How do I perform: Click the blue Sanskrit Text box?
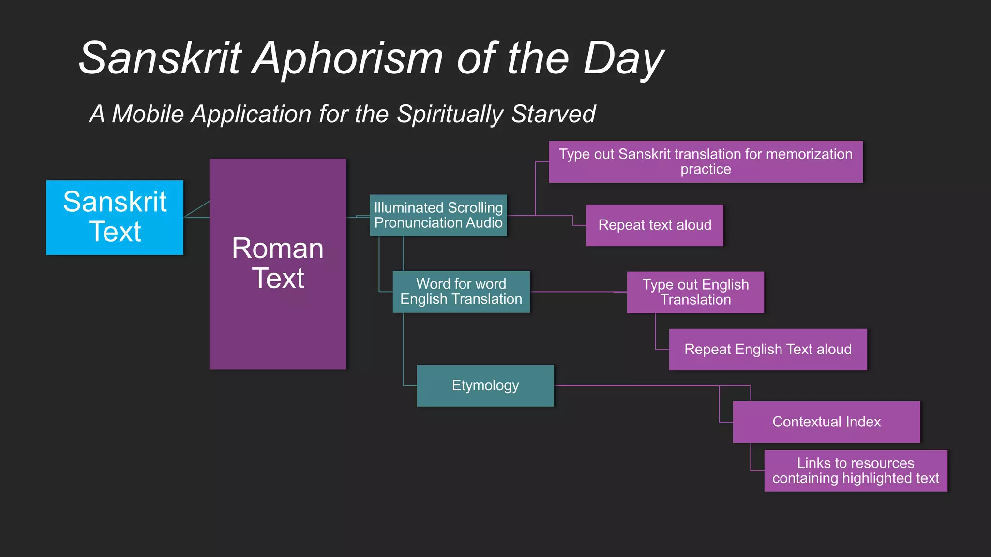pos(115,217)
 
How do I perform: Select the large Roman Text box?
pos(278,264)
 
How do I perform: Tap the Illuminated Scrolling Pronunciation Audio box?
pos(438,215)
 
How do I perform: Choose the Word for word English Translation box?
pos(461,292)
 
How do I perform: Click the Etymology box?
pos(485,385)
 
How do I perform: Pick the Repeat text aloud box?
pos(655,225)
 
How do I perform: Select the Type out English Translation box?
pos(695,292)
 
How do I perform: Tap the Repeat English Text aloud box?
pos(768,350)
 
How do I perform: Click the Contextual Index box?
pos(826,422)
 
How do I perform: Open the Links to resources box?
pos(856,470)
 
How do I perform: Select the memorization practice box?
pos(706,161)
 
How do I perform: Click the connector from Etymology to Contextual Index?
pos(639,386)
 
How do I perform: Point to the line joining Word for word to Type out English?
pos(576,292)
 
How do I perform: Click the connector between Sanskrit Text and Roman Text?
pos(196,217)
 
